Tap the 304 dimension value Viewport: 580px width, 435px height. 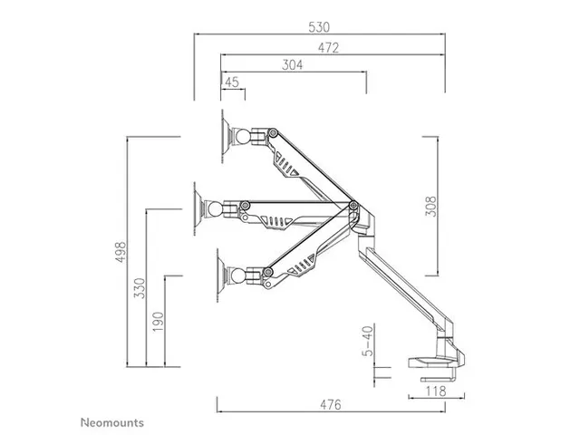pyautogui.click(x=292, y=65)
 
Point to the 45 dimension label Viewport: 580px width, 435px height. pyautogui.click(x=232, y=82)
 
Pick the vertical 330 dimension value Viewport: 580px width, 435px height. pyautogui.click(x=140, y=288)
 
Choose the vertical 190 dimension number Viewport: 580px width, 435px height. pyautogui.click(x=159, y=321)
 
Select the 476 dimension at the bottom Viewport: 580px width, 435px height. pyautogui.click(x=331, y=405)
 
